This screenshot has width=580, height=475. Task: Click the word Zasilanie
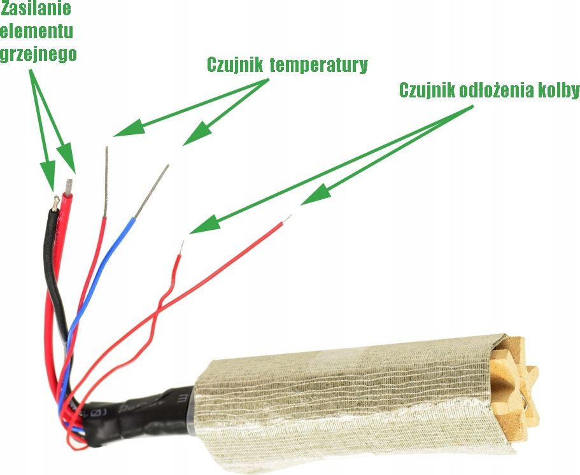point(36,10)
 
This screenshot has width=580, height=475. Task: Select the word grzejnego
point(39,53)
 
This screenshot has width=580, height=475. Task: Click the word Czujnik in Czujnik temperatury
point(234,65)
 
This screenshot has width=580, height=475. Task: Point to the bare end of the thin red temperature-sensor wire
point(106,178)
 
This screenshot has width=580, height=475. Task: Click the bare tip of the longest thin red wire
point(286,219)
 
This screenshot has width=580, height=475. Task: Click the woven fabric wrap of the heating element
point(344,395)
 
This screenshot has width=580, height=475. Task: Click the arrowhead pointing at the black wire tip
point(48,172)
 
